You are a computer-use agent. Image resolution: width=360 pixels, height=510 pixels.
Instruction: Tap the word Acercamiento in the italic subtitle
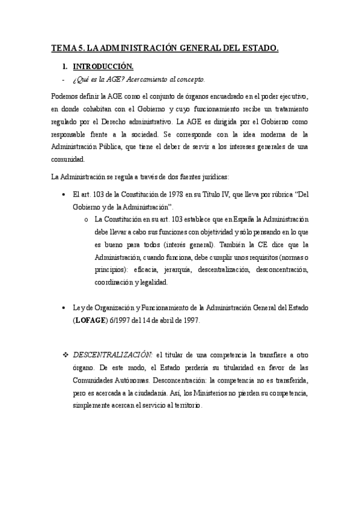coord(154,79)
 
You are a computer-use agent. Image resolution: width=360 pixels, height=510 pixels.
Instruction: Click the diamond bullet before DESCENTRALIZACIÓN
coord(67,351)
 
